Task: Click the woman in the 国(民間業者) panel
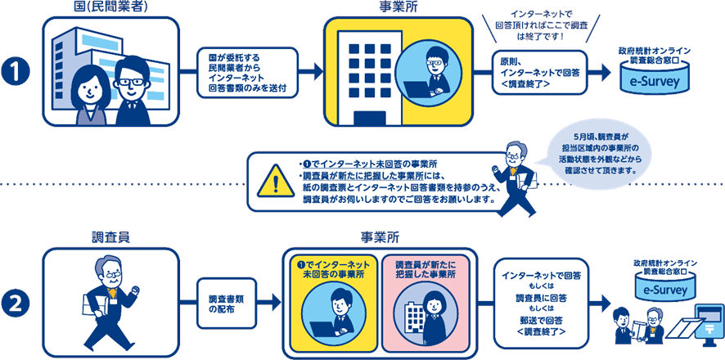[x=88, y=92]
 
